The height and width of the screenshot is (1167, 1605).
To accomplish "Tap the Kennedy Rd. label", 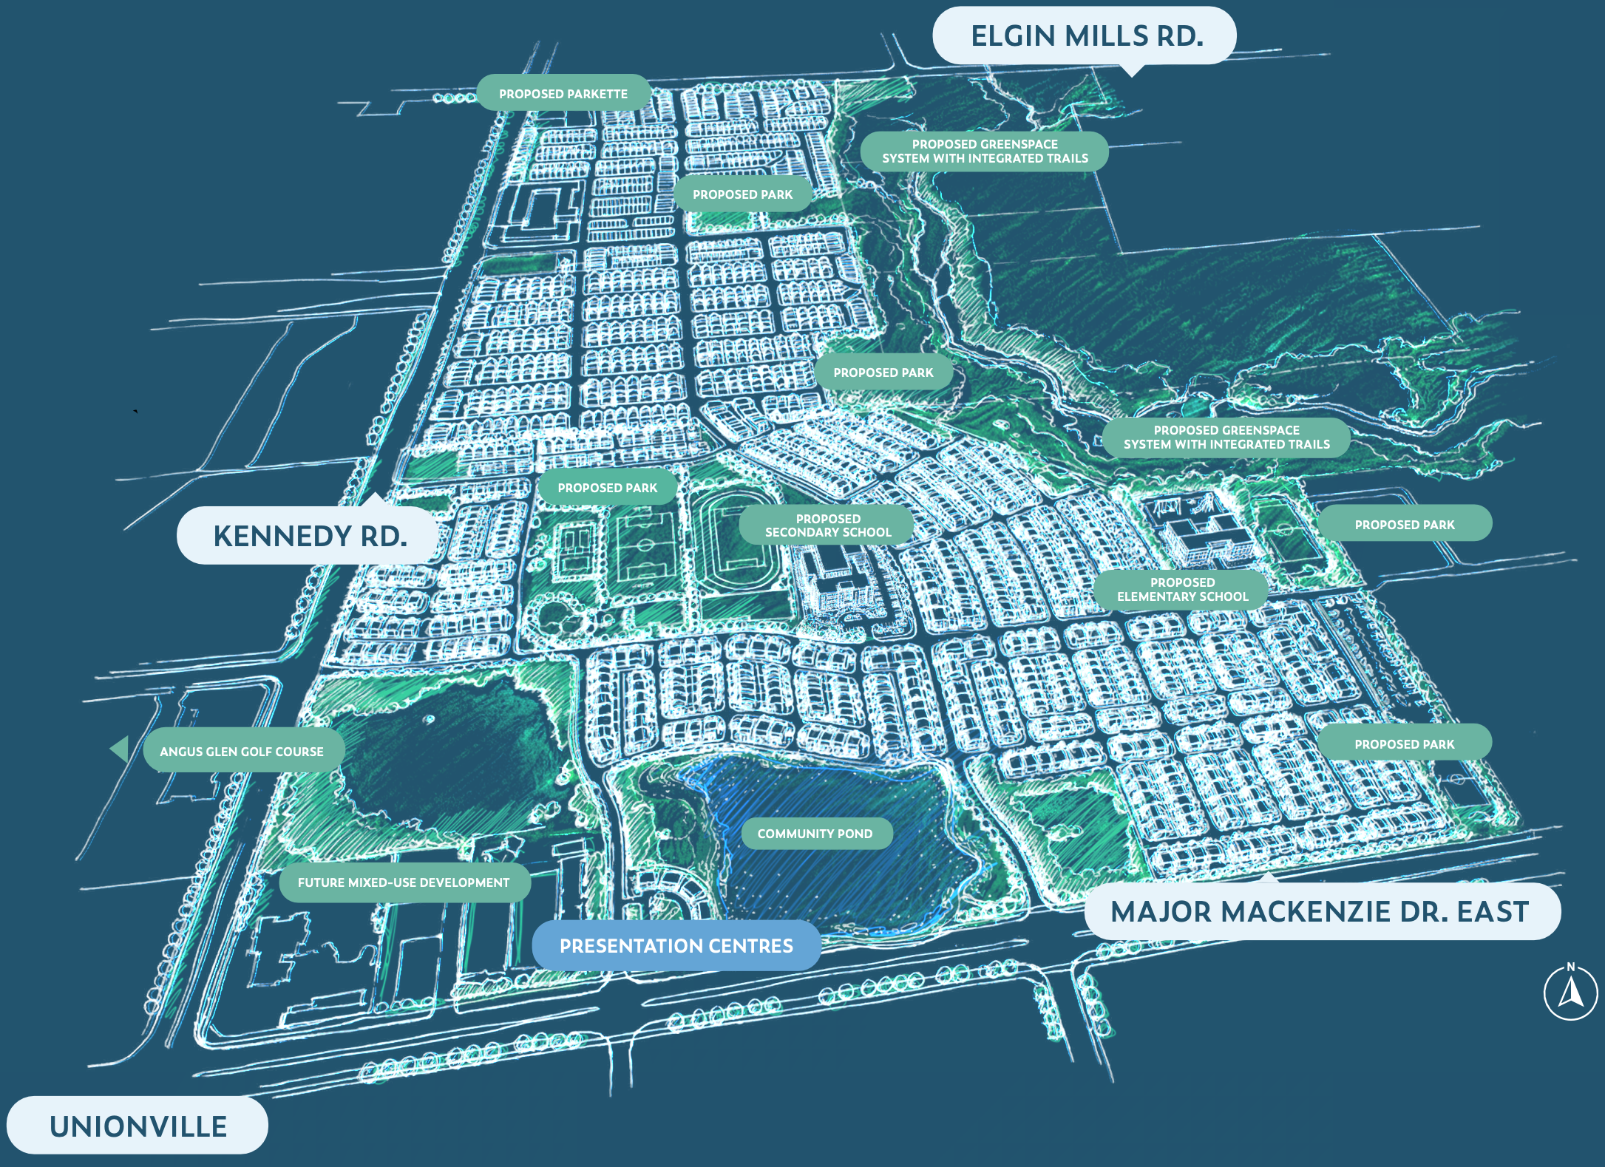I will (x=309, y=536).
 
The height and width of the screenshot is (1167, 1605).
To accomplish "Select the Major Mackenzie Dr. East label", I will (x=1320, y=911).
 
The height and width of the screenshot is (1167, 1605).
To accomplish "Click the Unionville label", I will (x=138, y=1126).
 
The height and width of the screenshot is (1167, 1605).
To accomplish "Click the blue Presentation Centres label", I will (x=676, y=945).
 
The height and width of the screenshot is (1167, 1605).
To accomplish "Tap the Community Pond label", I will (x=815, y=834).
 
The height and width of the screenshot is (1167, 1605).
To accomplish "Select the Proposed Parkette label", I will (x=563, y=94).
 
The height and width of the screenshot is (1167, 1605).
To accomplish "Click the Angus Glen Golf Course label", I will (x=242, y=751).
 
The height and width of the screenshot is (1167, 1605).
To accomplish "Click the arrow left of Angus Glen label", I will (x=121, y=749).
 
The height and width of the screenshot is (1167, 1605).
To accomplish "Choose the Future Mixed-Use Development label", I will (x=404, y=882).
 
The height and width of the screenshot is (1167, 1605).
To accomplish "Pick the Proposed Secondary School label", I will (x=827, y=525).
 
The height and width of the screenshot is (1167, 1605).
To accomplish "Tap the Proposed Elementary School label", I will (x=1182, y=589).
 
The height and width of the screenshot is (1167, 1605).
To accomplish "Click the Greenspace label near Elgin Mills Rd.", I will (x=984, y=152).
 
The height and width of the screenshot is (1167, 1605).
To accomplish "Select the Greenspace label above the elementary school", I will (x=1226, y=437).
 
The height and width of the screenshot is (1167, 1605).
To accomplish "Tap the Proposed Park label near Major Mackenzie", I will (x=1404, y=744).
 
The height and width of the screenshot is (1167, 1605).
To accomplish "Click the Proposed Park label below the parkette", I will (x=742, y=194).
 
